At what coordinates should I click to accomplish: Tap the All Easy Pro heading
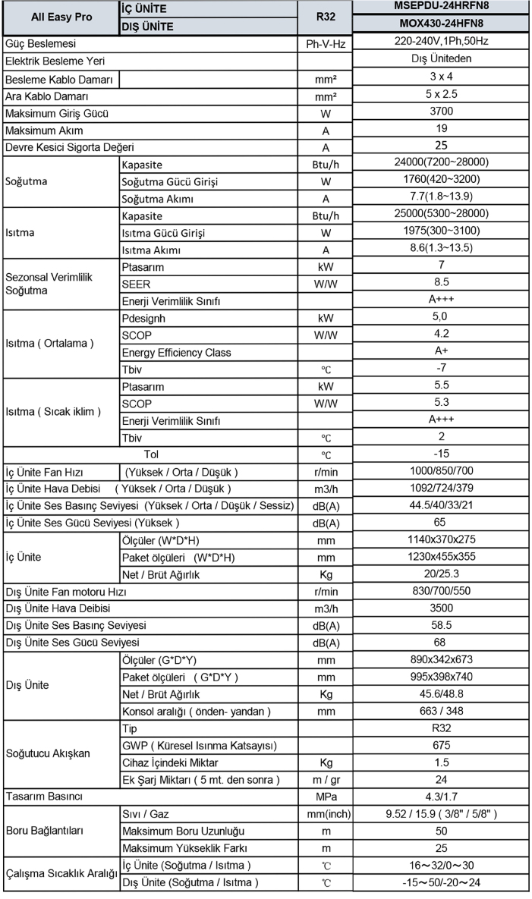(x=61, y=17)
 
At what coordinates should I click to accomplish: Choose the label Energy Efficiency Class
(x=176, y=352)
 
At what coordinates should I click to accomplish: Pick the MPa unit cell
(x=325, y=797)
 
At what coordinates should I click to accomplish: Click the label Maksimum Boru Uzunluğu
(x=183, y=831)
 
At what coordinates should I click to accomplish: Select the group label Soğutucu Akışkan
(x=47, y=753)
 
